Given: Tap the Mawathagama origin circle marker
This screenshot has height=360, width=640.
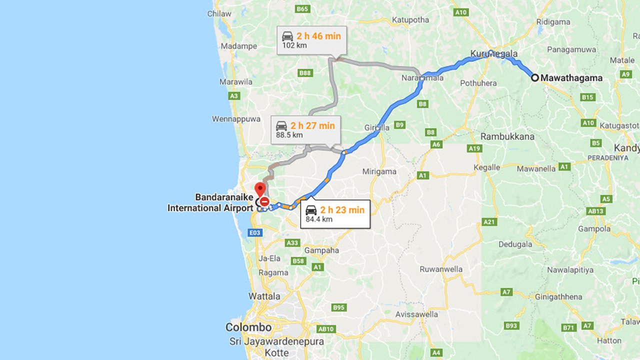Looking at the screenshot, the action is tap(534, 77).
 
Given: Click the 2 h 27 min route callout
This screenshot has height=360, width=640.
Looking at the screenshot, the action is tap(305, 130).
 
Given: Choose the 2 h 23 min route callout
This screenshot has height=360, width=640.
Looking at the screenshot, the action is tap(335, 214).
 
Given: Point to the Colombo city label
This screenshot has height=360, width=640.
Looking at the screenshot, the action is tap(248, 327).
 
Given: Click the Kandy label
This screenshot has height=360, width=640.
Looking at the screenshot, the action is tap(627, 148).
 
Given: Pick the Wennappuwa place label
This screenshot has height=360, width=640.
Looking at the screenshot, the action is tap(236, 119).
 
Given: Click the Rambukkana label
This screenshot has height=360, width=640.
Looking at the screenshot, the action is tap(507, 136).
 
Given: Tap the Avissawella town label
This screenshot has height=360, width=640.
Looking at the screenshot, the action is tap(416, 314).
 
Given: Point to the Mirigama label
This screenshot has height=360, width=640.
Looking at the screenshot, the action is tap(379, 171).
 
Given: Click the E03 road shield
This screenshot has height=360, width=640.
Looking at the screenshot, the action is tap(255, 232).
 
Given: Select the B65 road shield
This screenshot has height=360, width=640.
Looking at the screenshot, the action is tap(303, 9).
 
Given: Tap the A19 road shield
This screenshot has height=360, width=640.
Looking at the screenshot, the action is tap(474, 148).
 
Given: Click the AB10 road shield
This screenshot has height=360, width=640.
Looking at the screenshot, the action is tap(326, 329).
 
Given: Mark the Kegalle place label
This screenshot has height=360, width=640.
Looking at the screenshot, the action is tap(486, 167).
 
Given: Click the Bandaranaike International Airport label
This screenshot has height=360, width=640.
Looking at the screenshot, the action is tap(210, 202).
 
